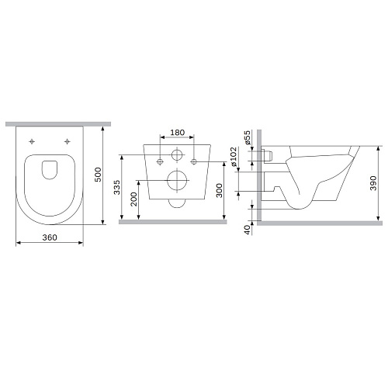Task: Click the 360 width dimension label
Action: (50, 237)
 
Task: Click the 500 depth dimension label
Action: (98, 175)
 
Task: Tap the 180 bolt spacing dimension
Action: (178, 133)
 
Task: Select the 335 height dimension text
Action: (117, 187)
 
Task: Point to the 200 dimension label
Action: (133, 199)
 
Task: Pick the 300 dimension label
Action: (219, 190)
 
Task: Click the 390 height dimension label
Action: (373, 183)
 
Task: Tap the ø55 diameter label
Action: (248, 137)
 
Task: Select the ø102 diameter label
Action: (233, 157)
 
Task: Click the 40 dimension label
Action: (248, 230)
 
